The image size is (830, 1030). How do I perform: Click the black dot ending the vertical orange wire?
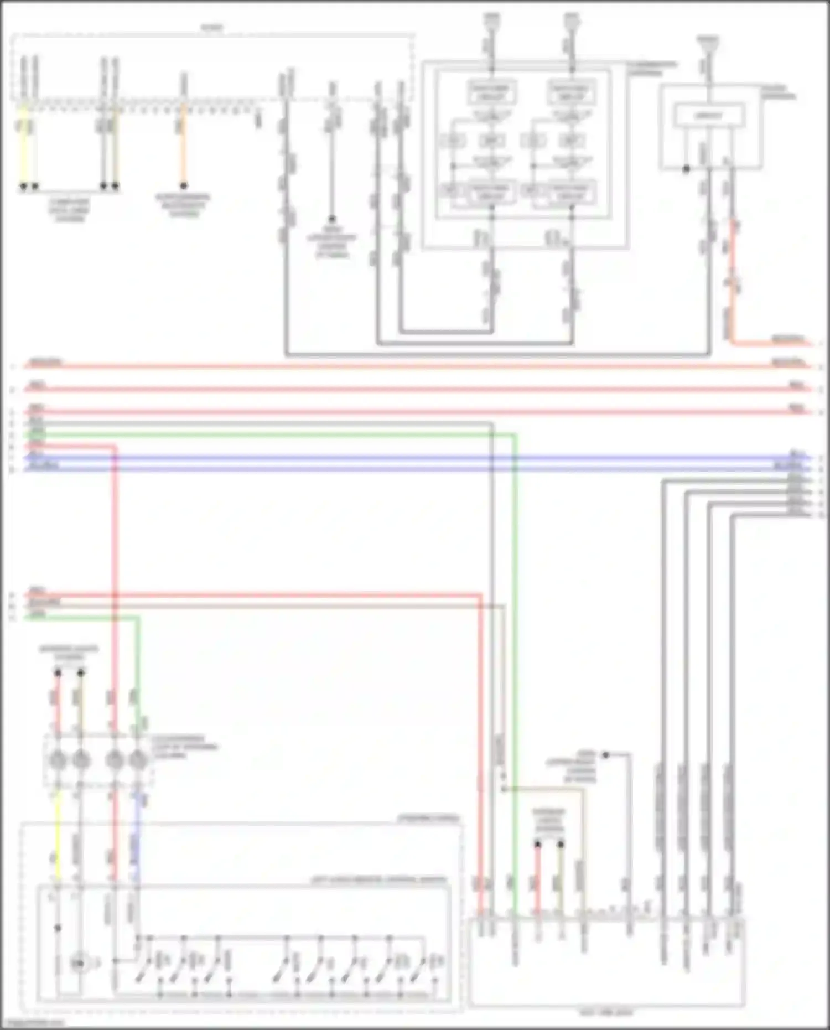(x=183, y=185)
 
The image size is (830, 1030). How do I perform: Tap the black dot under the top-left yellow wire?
(x=23, y=186)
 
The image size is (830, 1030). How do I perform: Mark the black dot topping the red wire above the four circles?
(x=58, y=672)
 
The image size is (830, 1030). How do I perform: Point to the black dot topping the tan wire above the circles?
(x=81, y=672)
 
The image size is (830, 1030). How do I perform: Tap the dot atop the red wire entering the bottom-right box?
(x=537, y=845)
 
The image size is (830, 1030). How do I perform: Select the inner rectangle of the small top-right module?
(x=708, y=116)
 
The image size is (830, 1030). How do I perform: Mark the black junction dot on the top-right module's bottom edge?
(x=686, y=169)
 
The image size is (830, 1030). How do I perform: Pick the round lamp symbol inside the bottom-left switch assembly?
(x=79, y=964)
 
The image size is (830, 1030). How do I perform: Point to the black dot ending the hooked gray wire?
(x=605, y=754)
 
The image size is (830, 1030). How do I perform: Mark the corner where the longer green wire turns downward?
(x=515, y=436)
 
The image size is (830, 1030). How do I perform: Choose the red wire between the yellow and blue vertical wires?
(x=114, y=830)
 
